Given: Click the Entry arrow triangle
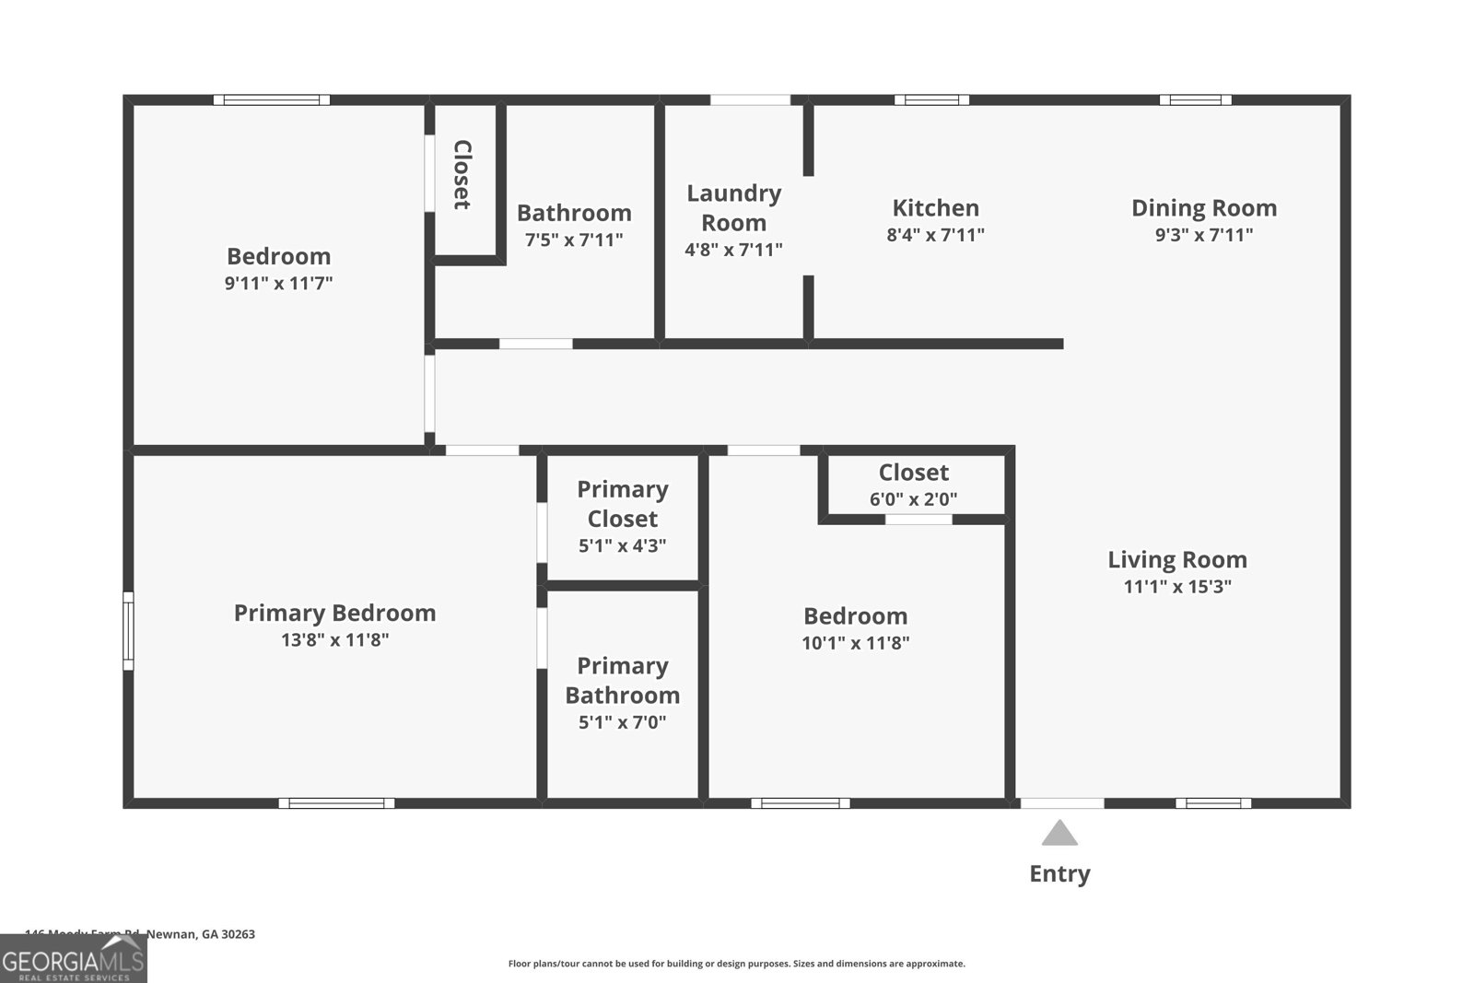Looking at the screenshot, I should coord(1059,834).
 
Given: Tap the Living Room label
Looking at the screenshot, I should coord(1177,559).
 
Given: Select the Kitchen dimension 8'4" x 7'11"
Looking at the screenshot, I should coord(935,235).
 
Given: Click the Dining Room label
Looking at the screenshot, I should coord(1204,208).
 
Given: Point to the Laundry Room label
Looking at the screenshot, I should coord(733,207).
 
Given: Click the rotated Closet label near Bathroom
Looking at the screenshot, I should coord(462,175).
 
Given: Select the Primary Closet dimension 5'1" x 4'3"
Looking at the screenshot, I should coord(622,545).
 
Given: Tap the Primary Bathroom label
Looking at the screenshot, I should coord(622,680).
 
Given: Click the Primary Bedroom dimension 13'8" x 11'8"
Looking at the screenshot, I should coord(334,639).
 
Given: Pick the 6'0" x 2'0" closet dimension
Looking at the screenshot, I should coord(913,499).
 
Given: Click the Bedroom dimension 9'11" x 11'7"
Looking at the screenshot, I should coord(278,283).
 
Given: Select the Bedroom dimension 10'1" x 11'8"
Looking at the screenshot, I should coord(855,643).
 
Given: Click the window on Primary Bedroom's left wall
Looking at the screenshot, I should coord(129,631).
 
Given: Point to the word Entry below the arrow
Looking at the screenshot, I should coord(1059,873).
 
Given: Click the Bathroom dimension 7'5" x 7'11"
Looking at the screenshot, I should coord(574,240).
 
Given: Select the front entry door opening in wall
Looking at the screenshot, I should coord(1061,803).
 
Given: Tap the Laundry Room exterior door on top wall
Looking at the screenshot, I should coord(750,99).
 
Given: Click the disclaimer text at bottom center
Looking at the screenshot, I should coord(736,964).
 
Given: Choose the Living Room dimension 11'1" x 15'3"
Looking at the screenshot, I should coord(1177,587).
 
